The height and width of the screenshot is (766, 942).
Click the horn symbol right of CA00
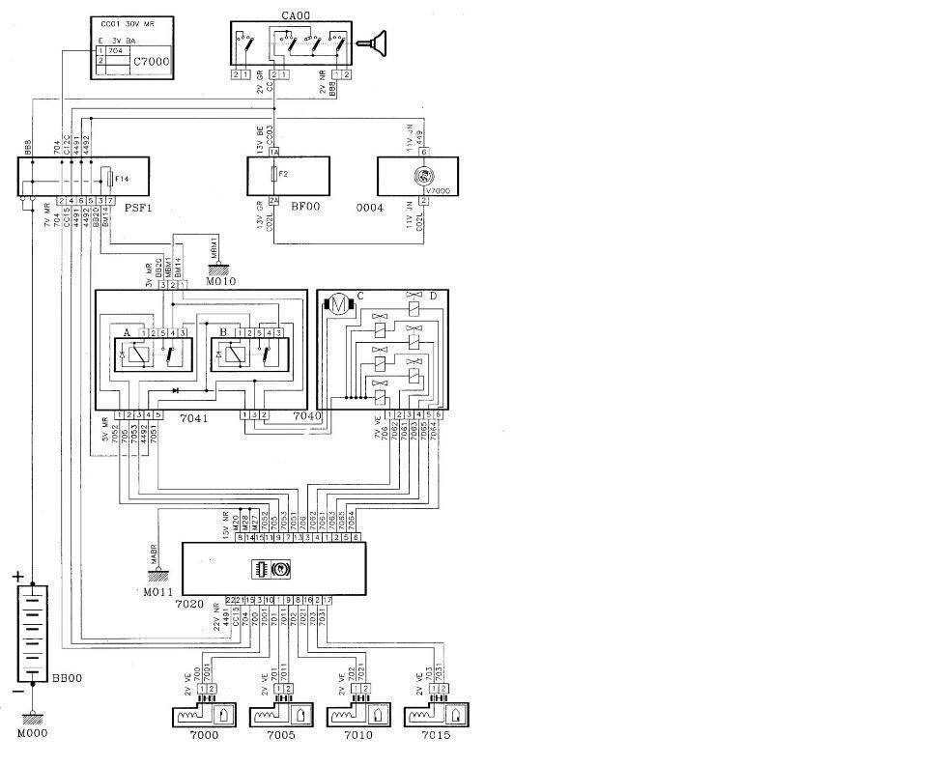[373, 42]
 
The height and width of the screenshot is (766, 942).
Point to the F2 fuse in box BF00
[274, 176]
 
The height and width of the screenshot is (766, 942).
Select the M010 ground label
[220, 281]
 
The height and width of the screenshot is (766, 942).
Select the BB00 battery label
[66, 678]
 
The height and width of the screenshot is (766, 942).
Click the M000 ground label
[31, 732]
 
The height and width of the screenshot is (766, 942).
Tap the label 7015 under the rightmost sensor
[435, 735]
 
